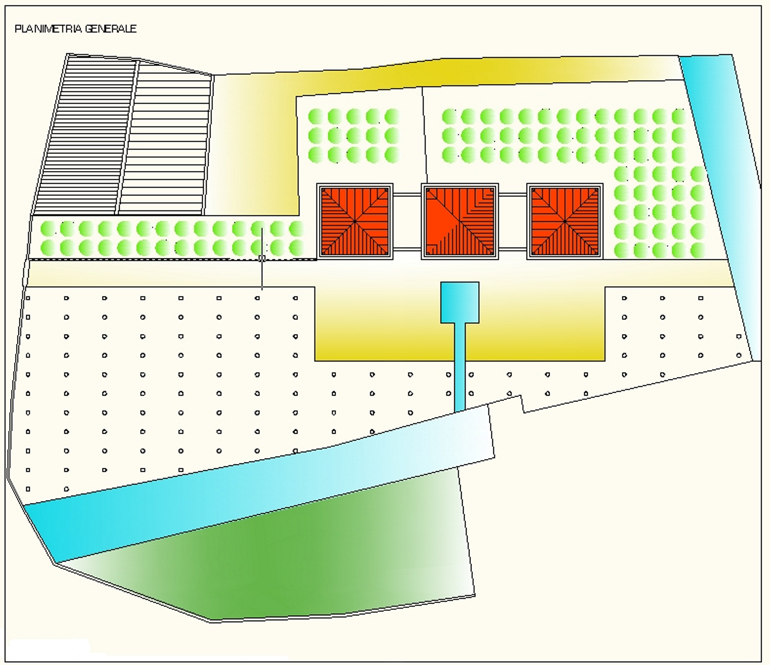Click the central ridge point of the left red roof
355,222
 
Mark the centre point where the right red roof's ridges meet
565,222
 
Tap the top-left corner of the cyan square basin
441,282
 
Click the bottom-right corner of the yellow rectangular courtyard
605,361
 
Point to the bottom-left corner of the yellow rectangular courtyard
315,361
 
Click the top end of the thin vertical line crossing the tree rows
262,228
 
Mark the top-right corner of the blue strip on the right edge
732,55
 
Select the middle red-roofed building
460,222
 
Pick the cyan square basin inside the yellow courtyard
460,302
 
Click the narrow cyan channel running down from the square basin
460,367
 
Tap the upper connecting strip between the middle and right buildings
512,194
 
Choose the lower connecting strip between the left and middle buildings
407,249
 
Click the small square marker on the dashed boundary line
262,258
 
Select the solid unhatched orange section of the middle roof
442,219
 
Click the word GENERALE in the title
111,29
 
